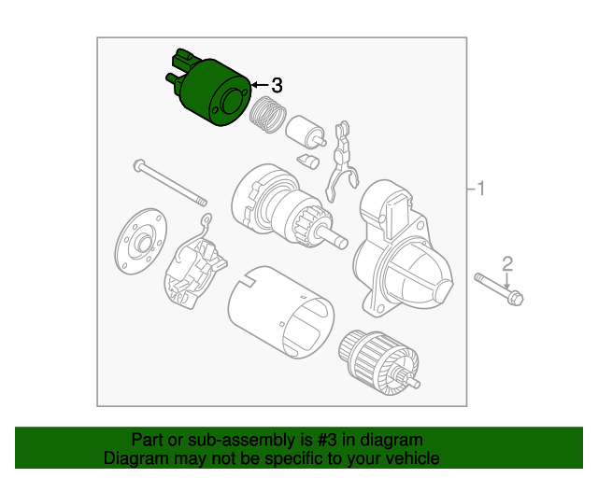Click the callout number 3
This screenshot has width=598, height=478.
(x=277, y=85)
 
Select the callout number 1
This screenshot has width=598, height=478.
(x=481, y=190)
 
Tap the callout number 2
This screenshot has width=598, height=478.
(x=507, y=262)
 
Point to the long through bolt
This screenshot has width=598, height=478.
(x=171, y=182)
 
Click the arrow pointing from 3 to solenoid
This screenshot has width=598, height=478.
(x=259, y=86)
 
